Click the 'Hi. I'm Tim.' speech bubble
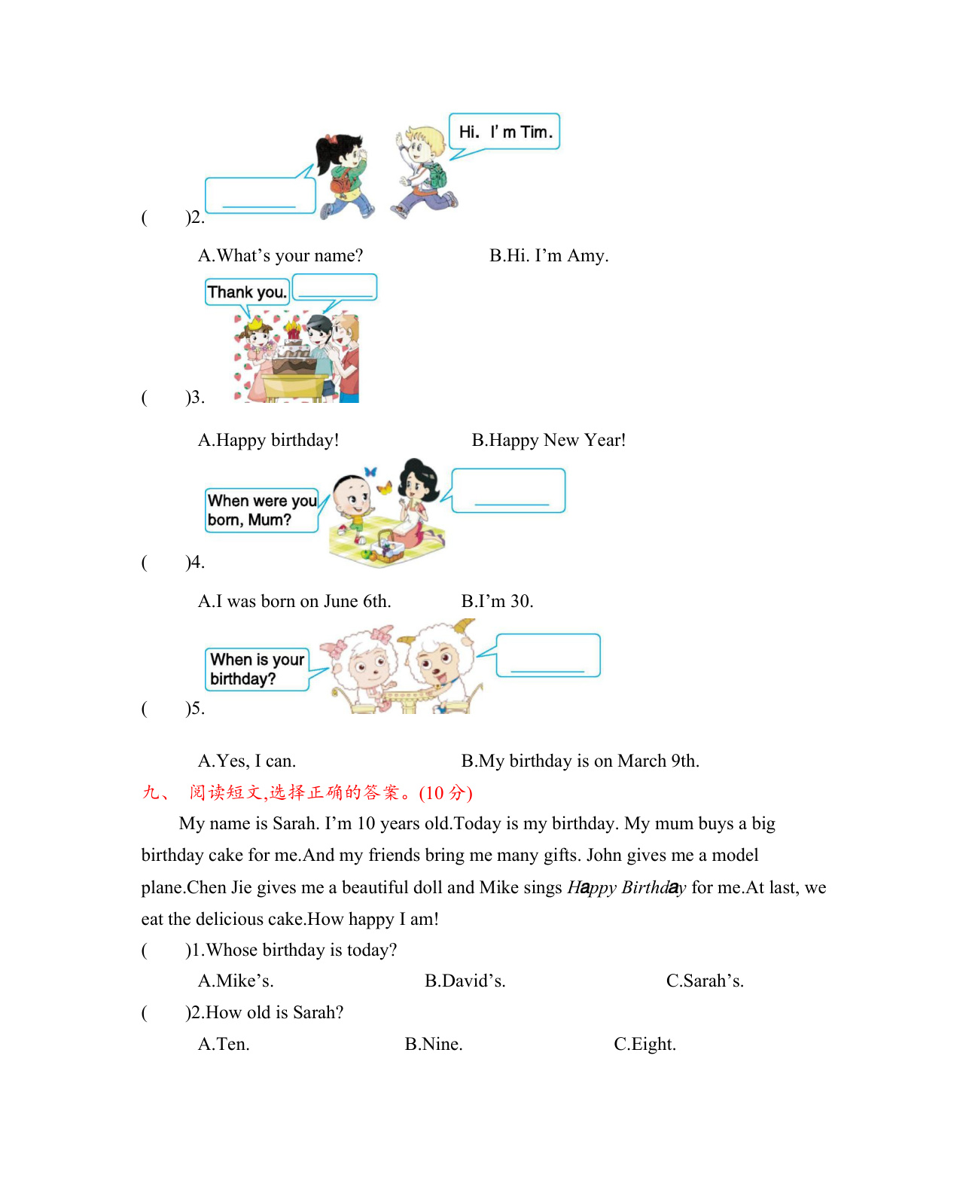point(504,132)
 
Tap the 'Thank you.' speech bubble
point(247,292)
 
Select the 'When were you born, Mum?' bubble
point(261,511)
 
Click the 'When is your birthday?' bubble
point(257,669)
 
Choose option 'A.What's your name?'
point(280,256)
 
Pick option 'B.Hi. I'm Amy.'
point(549,256)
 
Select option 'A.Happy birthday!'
point(268,441)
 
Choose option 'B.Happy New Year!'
point(548,441)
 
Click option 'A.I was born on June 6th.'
point(294,602)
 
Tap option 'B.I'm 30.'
point(497,602)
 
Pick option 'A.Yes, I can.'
point(247,761)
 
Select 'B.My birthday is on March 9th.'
point(580,761)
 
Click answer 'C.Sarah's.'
point(705,981)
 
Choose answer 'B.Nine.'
point(434,1045)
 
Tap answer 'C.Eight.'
point(644,1045)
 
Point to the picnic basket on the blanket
point(387,548)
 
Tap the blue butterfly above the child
point(370,472)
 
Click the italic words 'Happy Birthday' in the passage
point(626,888)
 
